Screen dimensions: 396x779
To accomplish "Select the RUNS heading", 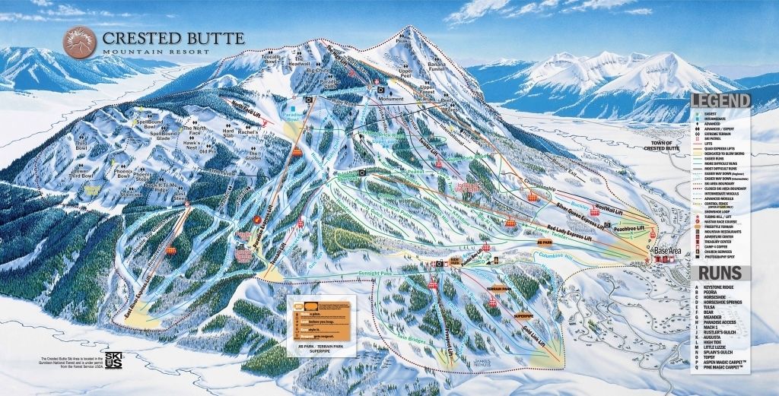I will (731, 274).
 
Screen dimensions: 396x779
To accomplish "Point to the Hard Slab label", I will (227, 131).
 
